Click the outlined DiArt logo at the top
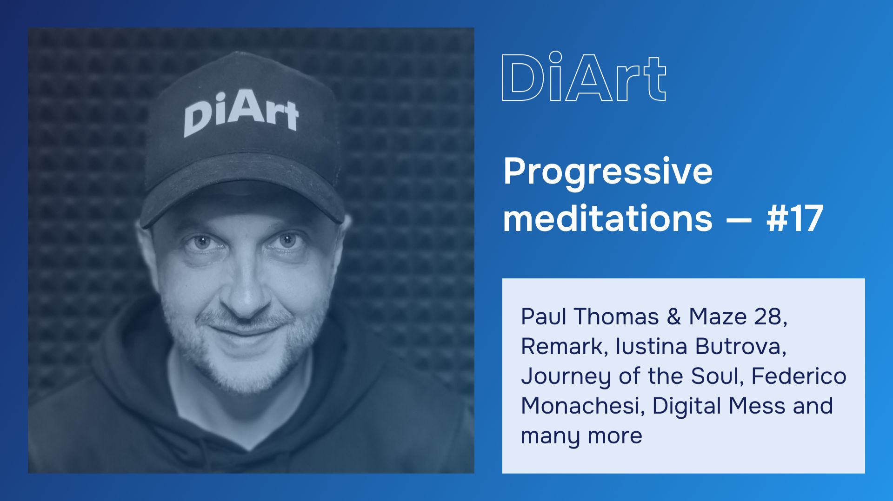pos(584,77)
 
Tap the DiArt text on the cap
pos(240,113)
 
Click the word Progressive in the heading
pos(607,171)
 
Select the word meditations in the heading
pos(607,218)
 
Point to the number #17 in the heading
pos(794,218)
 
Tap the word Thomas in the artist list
pos(616,317)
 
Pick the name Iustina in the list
pos(651,347)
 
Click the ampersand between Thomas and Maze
pos(673,317)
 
